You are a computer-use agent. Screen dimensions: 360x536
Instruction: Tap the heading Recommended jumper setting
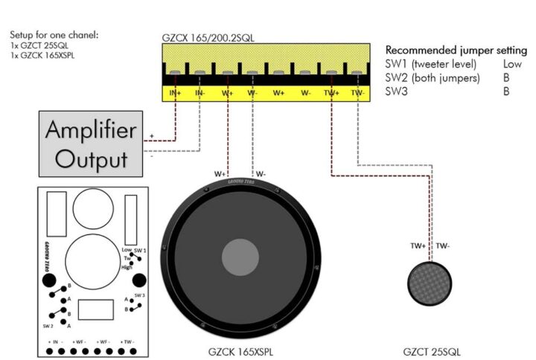coord(456,50)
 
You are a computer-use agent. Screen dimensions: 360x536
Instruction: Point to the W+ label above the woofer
coord(220,174)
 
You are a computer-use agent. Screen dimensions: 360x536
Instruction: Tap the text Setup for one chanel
coord(54,35)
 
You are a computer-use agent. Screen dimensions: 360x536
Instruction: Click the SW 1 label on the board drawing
coord(140,251)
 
